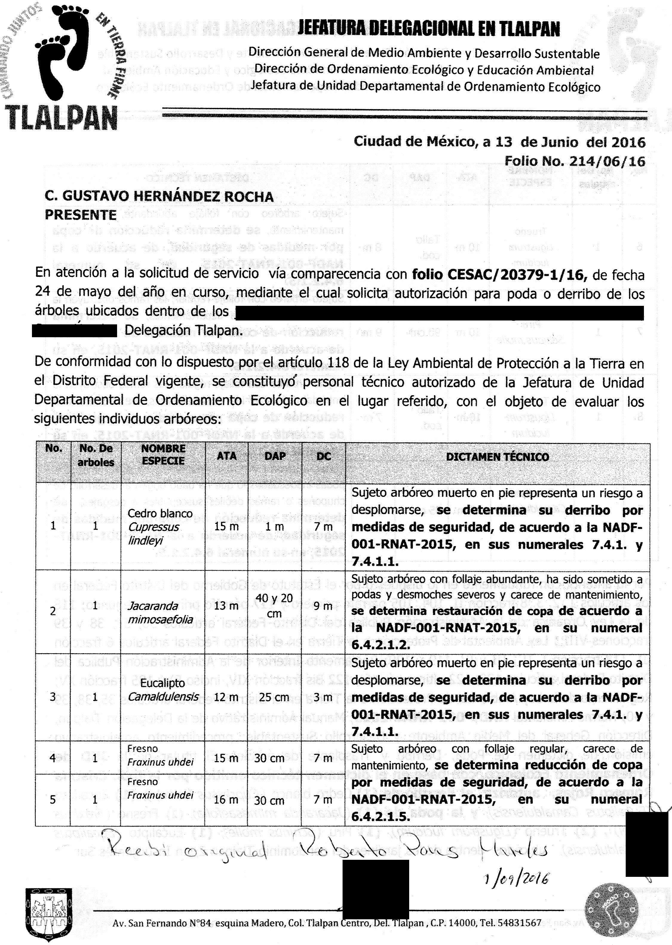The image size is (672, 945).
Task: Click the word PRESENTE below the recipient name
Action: (81, 215)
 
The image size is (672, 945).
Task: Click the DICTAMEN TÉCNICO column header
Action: (497, 457)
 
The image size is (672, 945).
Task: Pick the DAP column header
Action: (275, 456)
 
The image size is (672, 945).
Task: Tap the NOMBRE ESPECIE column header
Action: (163, 455)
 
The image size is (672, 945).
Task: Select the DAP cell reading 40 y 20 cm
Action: (274, 605)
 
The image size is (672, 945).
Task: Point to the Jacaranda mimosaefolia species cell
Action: (160, 613)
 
